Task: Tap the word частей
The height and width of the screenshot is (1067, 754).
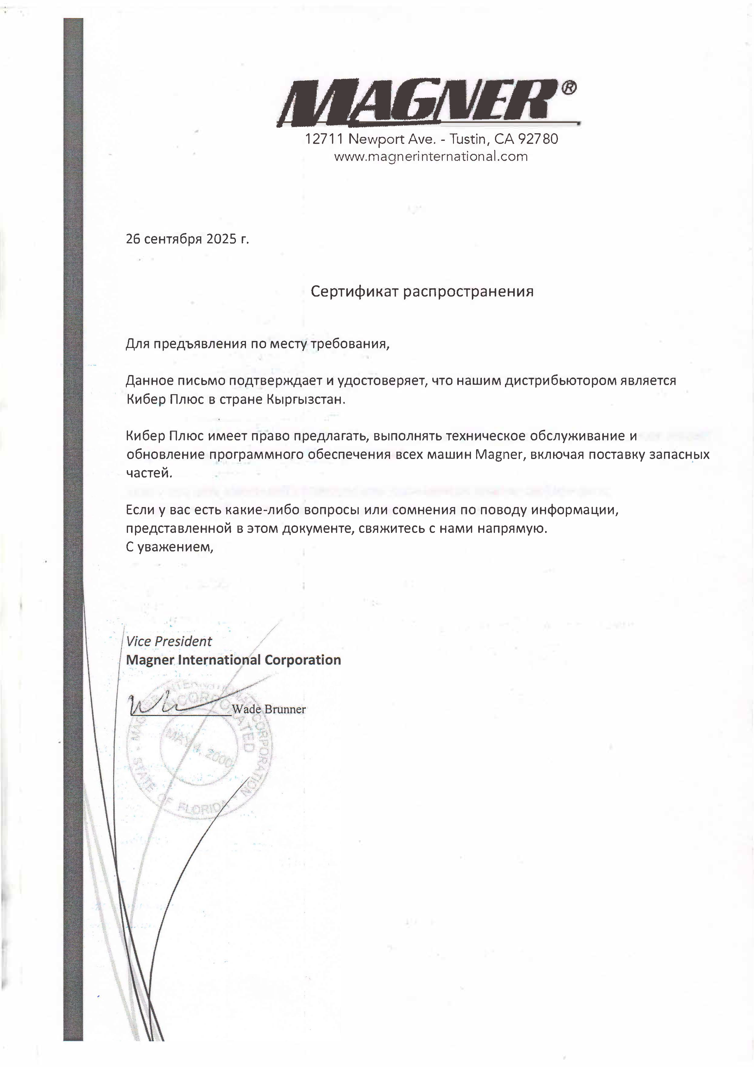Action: click(x=149, y=473)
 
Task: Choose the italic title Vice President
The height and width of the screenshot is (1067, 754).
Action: click(x=169, y=641)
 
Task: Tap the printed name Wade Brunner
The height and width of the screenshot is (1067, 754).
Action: click(x=268, y=709)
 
